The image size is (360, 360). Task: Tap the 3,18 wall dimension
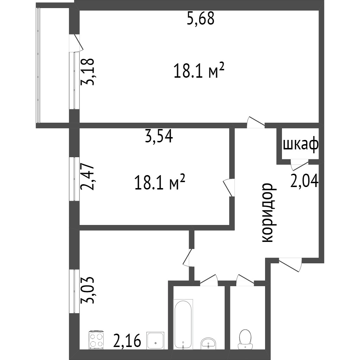tap(88, 71)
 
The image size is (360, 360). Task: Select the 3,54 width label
tap(159, 136)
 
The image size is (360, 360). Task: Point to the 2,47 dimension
tap(88, 176)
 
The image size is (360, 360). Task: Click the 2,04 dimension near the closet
tap(304, 181)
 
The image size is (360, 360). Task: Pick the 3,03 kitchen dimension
tap(88, 290)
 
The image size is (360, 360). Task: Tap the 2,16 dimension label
tap(127, 341)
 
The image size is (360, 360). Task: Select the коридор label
tap(268, 212)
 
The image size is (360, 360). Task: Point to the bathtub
tap(183, 324)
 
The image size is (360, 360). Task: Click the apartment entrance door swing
tap(290, 264)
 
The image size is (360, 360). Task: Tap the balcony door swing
tap(76, 43)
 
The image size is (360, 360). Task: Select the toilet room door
tap(245, 279)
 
